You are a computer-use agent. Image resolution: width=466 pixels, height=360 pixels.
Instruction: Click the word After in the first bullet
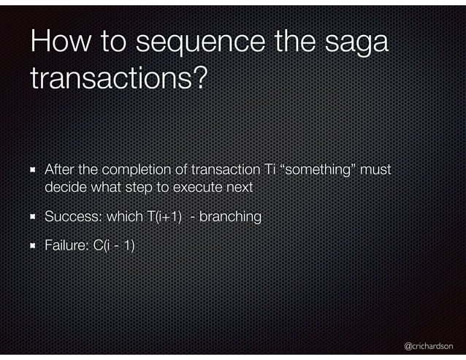click(60, 170)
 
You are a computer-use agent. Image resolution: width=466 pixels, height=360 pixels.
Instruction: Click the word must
click(376, 170)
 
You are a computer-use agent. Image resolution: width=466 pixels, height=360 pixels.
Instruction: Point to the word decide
click(64, 188)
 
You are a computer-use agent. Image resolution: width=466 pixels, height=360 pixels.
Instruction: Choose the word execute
click(199, 188)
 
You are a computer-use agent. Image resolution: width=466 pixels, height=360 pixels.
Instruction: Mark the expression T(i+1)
click(157, 217)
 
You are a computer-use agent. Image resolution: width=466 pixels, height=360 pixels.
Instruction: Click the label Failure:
click(65, 246)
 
